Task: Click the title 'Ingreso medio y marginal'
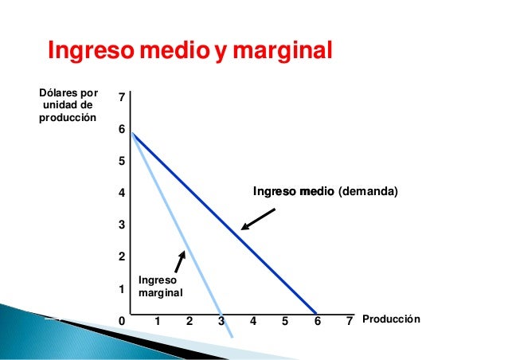[190, 51]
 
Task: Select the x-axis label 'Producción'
[391, 320]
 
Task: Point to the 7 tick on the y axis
[121, 97]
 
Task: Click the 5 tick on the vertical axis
[121, 161]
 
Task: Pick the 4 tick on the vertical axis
[121, 193]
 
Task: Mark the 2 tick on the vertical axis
[121, 257]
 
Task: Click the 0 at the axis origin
[121, 321]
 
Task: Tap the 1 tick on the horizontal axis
[158, 321]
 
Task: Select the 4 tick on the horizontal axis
[253, 321]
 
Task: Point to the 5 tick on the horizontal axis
[285, 321]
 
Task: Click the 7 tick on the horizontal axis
[349, 321]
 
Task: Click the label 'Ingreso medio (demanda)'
[324, 192]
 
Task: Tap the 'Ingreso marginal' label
[160, 287]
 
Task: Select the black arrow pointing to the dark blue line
[258, 219]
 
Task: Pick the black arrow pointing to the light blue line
[180, 264]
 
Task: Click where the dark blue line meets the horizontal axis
[317, 312]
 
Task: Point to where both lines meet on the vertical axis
[131, 132]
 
